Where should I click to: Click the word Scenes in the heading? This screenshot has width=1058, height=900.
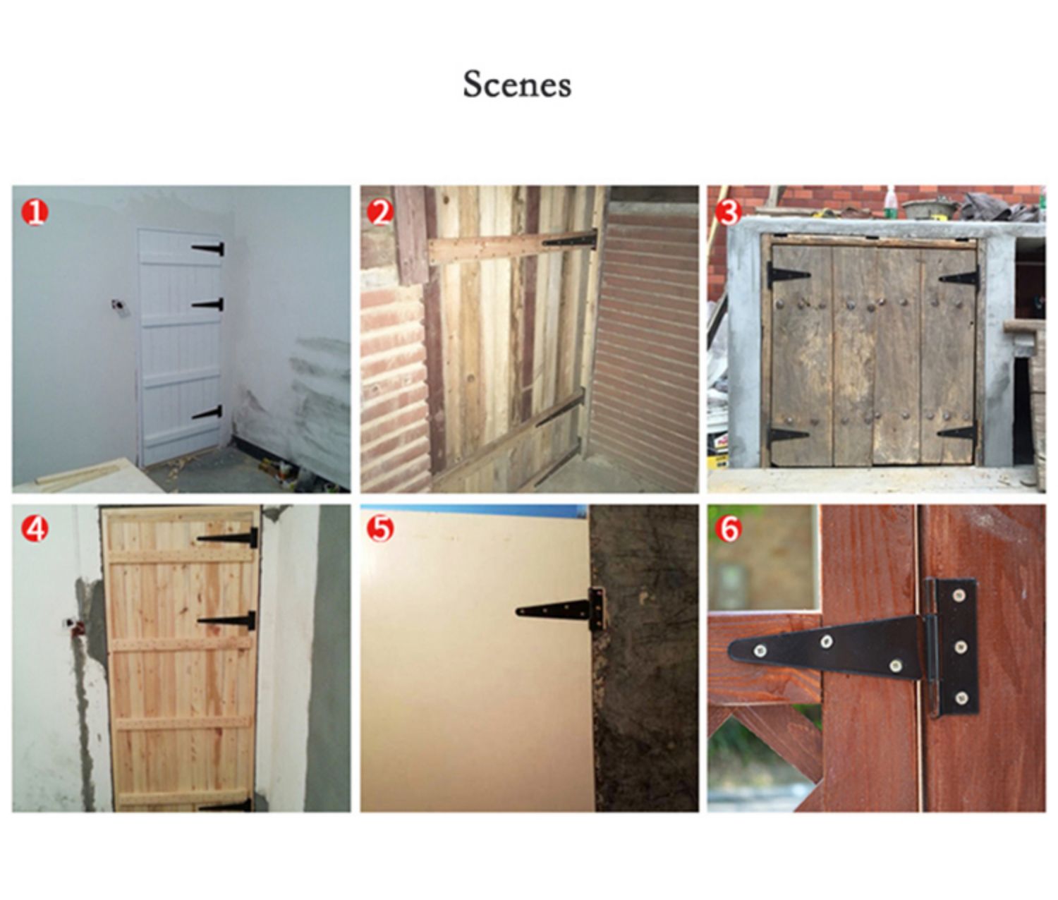(x=517, y=85)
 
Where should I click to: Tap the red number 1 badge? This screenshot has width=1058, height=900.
(x=35, y=212)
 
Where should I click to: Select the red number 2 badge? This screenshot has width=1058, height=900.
(x=381, y=212)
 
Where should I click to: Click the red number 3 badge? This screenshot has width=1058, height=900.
(x=729, y=212)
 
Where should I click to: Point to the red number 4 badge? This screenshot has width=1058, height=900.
(x=35, y=530)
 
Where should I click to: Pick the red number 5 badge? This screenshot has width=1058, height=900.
(x=381, y=530)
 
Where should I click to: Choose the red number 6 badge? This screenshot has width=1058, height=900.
(x=729, y=530)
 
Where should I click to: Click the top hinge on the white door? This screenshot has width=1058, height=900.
(x=208, y=249)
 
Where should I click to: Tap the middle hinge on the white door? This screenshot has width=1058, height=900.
(x=208, y=305)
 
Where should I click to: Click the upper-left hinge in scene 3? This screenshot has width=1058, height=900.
(x=787, y=275)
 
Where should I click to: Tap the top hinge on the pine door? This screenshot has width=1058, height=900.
(x=227, y=537)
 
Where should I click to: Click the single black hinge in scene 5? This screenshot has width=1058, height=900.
(x=561, y=609)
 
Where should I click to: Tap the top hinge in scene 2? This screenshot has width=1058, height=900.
(x=570, y=238)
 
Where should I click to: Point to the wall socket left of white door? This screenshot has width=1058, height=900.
(x=118, y=305)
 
